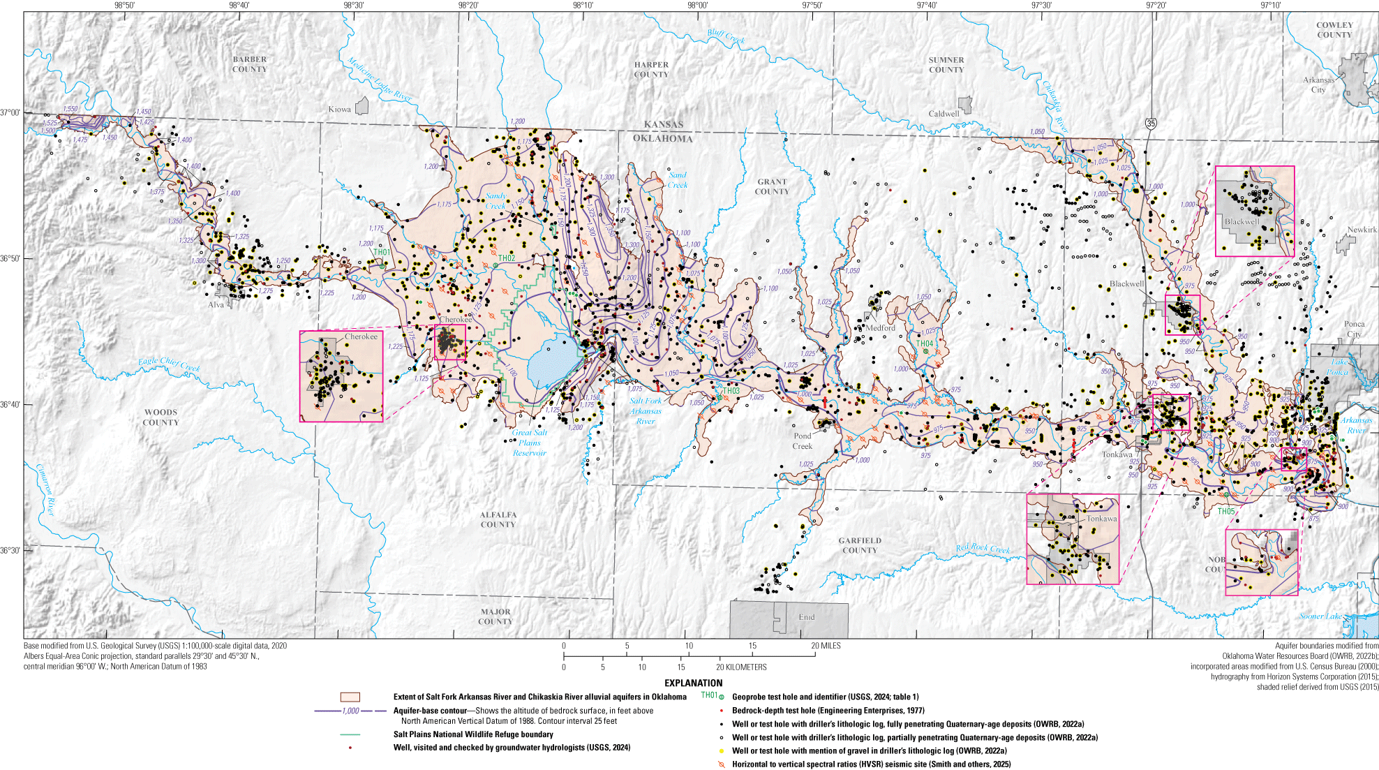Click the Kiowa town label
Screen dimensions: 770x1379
point(339,110)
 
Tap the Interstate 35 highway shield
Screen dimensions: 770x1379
point(1151,124)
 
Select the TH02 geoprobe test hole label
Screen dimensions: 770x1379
point(507,258)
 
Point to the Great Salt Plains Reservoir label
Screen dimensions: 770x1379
point(530,443)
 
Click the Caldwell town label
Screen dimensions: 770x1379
point(944,114)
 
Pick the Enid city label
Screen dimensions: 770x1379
point(807,617)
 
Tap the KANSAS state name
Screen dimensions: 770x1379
point(663,125)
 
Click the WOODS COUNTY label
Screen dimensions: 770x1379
point(161,417)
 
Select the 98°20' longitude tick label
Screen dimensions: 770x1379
point(468,6)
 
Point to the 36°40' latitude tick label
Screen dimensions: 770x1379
point(10,405)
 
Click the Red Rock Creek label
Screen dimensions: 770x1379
point(983,549)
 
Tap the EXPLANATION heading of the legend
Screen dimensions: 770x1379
point(693,683)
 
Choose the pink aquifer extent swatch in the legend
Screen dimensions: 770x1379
point(350,697)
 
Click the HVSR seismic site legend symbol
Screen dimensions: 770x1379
point(722,764)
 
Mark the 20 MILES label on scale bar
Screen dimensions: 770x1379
point(826,646)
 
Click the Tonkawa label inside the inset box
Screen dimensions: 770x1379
point(1101,519)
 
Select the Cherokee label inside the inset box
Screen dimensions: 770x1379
point(361,336)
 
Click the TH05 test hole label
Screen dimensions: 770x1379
point(1226,512)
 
